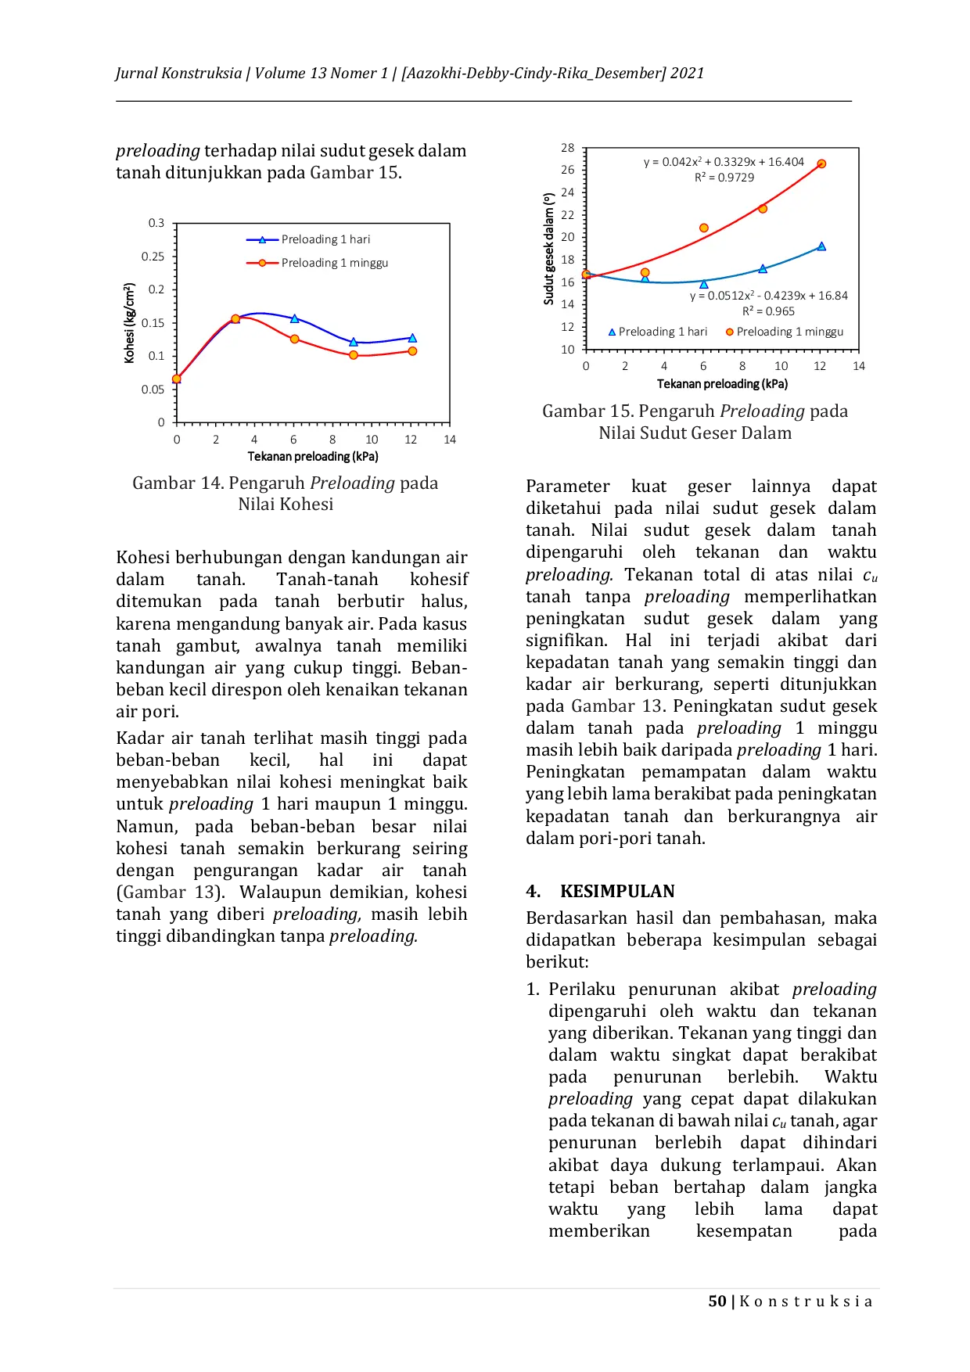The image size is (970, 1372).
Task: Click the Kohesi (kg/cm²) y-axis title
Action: (x=130, y=323)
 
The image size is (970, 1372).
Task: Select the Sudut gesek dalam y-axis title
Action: (x=549, y=249)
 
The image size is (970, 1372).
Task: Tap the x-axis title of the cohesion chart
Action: (x=313, y=456)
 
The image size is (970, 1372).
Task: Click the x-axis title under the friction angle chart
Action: (x=722, y=383)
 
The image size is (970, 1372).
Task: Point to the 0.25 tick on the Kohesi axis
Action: (x=153, y=257)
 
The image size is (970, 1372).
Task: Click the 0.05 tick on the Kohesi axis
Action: (x=153, y=390)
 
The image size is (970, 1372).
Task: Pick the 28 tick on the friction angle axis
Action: (x=568, y=148)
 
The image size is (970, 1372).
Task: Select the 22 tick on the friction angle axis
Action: (x=568, y=215)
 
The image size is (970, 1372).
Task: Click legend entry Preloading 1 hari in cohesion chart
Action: (x=325, y=239)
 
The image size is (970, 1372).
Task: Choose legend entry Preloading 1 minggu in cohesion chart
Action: (x=334, y=263)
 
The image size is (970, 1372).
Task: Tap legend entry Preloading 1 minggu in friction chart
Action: (x=789, y=332)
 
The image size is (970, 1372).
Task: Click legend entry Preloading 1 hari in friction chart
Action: (x=663, y=332)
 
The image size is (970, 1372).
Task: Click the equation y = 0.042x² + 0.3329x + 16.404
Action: (x=724, y=162)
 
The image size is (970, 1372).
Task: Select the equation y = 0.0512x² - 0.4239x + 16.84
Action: (x=768, y=296)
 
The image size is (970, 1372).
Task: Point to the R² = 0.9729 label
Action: (x=724, y=178)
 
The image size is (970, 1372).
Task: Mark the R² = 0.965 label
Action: (x=768, y=311)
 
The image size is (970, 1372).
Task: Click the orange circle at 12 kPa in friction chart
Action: (x=821, y=163)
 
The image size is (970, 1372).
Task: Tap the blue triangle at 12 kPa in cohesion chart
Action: (x=412, y=338)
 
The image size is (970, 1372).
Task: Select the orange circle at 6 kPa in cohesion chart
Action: (x=295, y=339)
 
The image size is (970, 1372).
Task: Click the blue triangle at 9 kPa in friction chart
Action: (x=763, y=269)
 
